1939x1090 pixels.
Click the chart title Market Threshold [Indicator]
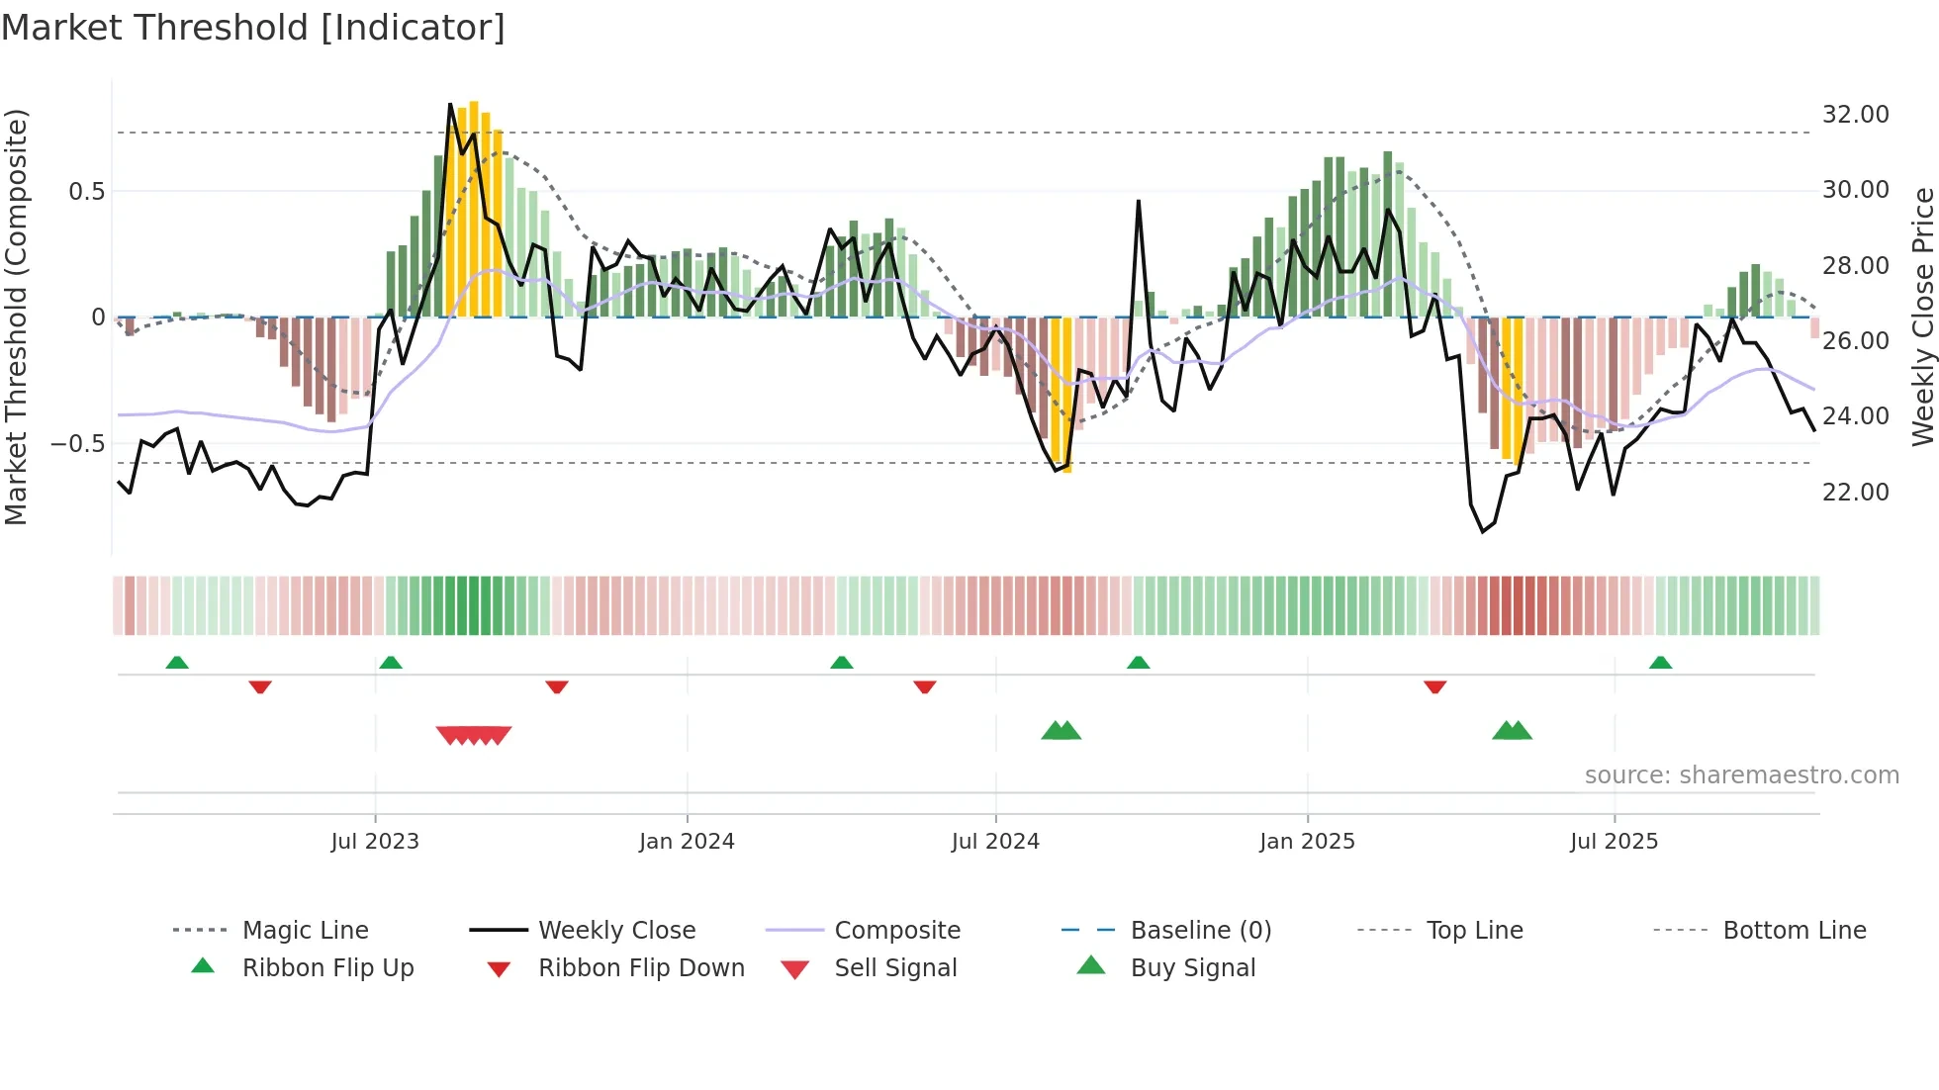pos(253,28)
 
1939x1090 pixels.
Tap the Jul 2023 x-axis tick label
pos(375,842)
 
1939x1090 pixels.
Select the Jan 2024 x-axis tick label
pos(687,842)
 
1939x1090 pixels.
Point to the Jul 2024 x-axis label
pos(995,842)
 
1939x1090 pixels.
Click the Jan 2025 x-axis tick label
pos(1307,842)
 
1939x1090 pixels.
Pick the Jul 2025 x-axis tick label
pos(1614,842)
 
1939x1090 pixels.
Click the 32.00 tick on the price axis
pos(1855,115)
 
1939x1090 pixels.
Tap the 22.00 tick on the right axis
pos(1855,493)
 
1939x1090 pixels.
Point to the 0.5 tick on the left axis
pos(86,192)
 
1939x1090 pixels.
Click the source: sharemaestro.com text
pos(1741,775)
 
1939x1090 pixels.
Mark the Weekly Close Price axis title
pos(1922,317)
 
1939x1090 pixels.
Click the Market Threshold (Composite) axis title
pos(16,317)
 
